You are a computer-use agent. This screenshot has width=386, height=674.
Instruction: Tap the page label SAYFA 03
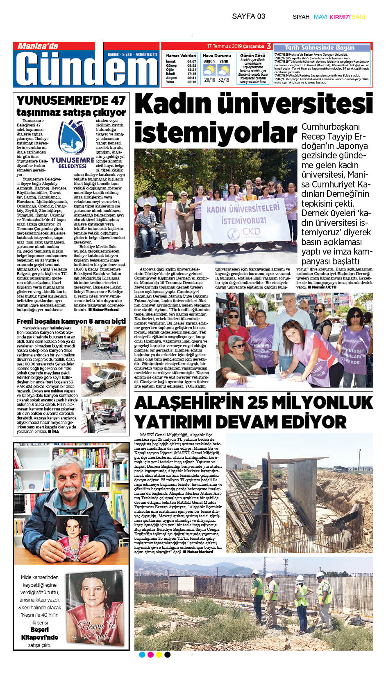248,16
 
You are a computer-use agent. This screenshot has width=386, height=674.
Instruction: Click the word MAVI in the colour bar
320,17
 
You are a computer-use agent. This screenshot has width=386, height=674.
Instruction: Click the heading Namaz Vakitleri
181,55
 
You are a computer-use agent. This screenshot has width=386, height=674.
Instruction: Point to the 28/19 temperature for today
209,80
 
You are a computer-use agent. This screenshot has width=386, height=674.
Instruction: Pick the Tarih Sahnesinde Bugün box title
320,47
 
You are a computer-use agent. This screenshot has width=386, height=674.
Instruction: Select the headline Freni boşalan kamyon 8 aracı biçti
71,321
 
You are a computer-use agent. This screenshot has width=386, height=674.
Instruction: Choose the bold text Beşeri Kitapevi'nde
39,633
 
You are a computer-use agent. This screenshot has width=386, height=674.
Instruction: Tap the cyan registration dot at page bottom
142,655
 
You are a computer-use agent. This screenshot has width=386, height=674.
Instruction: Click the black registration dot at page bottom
167,655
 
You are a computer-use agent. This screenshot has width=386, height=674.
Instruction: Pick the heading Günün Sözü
252,55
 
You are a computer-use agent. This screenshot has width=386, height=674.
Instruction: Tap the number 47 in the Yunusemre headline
118,100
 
